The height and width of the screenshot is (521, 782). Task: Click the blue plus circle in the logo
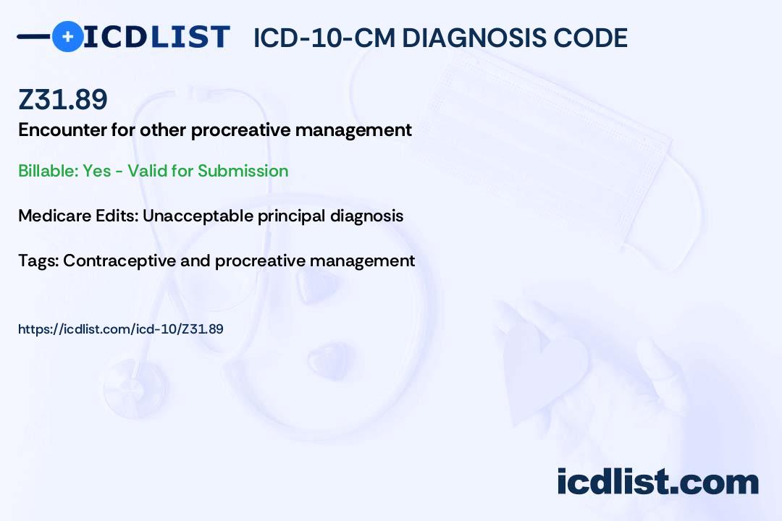(67, 36)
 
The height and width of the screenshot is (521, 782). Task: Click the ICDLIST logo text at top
(156, 37)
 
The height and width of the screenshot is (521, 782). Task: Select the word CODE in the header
(581, 38)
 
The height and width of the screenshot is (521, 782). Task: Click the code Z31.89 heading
(63, 99)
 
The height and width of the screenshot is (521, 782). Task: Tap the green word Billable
(49, 171)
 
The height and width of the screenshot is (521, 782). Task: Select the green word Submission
(243, 171)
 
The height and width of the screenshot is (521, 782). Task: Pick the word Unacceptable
(198, 216)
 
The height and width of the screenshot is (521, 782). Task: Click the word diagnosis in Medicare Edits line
(366, 216)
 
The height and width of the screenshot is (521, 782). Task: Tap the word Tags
(38, 260)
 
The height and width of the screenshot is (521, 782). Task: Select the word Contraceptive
(119, 261)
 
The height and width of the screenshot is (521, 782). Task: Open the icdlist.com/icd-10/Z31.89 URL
(121, 329)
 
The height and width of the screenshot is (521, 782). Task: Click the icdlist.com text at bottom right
(657, 482)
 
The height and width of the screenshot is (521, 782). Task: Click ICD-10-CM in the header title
(324, 38)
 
